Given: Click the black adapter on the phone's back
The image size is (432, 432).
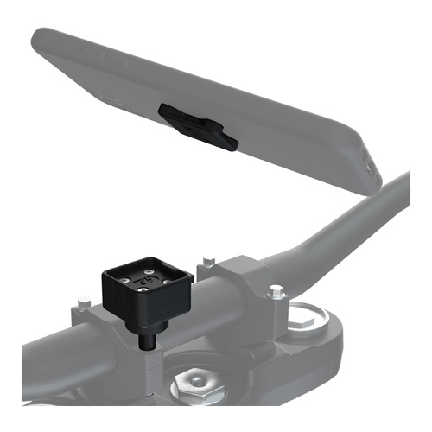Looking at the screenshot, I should coord(196,125).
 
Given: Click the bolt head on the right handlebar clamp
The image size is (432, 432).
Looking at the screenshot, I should coord(275,292).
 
